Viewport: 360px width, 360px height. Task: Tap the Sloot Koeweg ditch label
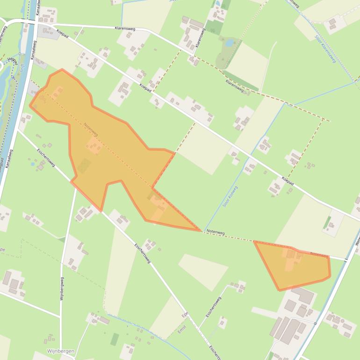[x=230, y=196]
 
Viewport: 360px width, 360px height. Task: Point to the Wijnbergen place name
[x=61, y=351]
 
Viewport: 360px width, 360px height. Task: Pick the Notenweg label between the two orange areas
[x=215, y=232]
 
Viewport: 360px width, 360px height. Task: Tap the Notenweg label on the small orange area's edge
[x=318, y=255]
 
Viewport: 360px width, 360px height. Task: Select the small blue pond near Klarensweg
[x=229, y=43]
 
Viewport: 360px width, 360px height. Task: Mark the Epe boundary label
[x=185, y=314]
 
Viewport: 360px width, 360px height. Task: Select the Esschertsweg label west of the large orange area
[x=46, y=158]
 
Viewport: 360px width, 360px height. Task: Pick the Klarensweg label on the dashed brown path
[x=234, y=85]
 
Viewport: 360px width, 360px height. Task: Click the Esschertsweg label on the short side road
[x=213, y=306]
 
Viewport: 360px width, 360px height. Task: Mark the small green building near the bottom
[x=115, y=339]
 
